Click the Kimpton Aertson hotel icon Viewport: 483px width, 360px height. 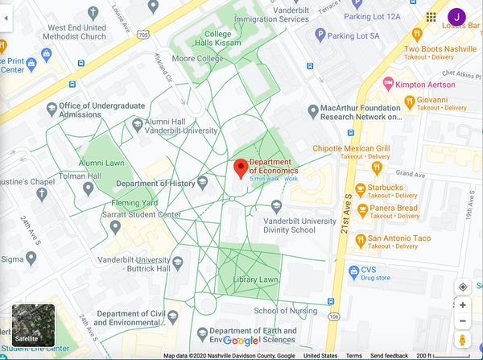tap(388, 84)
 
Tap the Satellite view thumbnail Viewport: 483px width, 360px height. tap(33, 325)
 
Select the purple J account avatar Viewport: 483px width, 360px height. tap(456, 16)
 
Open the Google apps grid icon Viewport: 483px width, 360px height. tap(431, 16)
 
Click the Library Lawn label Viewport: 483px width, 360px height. tap(256, 279)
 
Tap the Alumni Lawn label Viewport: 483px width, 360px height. tap(101, 163)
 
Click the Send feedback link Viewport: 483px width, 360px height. tap(388, 355)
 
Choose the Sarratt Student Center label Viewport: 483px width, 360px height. tap(141, 216)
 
